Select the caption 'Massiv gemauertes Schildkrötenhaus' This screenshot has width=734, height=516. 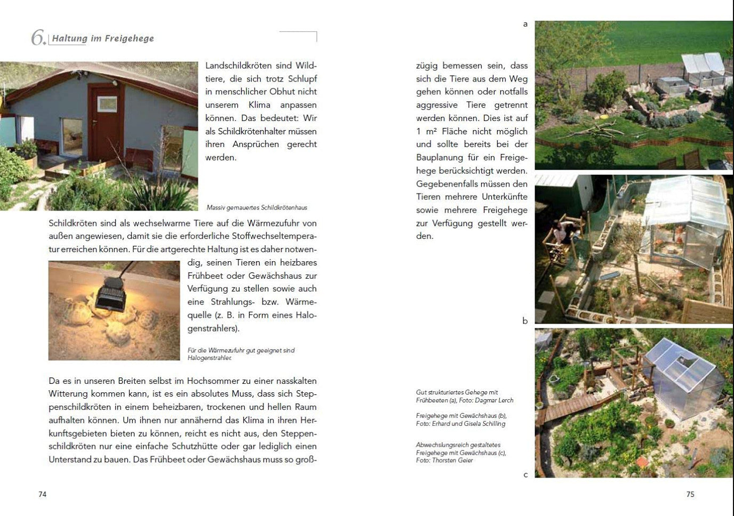click(257, 207)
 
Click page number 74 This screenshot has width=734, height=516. click(43, 494)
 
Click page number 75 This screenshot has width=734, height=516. click(690, 494)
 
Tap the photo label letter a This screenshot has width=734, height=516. click(525, 24)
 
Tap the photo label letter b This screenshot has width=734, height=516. click(525, 321)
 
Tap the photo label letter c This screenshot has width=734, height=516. click(525, 474)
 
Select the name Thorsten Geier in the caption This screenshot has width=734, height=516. click(452, 460)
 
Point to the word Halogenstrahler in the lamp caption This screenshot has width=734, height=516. click(210, 358)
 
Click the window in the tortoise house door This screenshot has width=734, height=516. click(107, 103)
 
